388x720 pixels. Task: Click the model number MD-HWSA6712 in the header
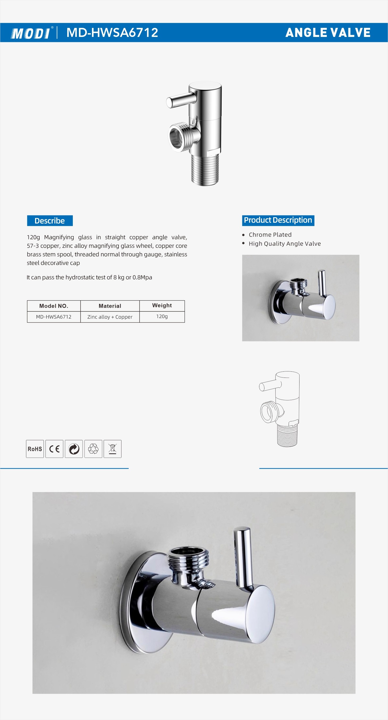point(112,33)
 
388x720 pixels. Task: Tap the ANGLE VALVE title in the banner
point(328,33)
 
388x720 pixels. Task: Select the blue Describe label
point(50,221)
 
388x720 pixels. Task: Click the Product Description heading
point(278,220)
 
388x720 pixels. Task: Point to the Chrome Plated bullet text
point(270,235)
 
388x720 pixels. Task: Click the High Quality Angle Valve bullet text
point(285,244)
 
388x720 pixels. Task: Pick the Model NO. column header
point(54,306)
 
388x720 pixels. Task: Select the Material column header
point(110,306)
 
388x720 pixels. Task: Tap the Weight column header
point(162,306)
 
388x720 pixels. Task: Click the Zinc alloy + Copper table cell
point(110,317)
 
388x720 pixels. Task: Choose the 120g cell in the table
point(162,316)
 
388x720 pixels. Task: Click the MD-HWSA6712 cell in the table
point(54,317)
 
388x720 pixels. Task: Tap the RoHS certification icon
point(35,449)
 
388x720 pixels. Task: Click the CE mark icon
point(54,449)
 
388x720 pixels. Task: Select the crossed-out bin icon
point(112,449)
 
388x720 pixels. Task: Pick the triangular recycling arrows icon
point(93,449)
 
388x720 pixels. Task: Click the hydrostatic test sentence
point(89,278)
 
